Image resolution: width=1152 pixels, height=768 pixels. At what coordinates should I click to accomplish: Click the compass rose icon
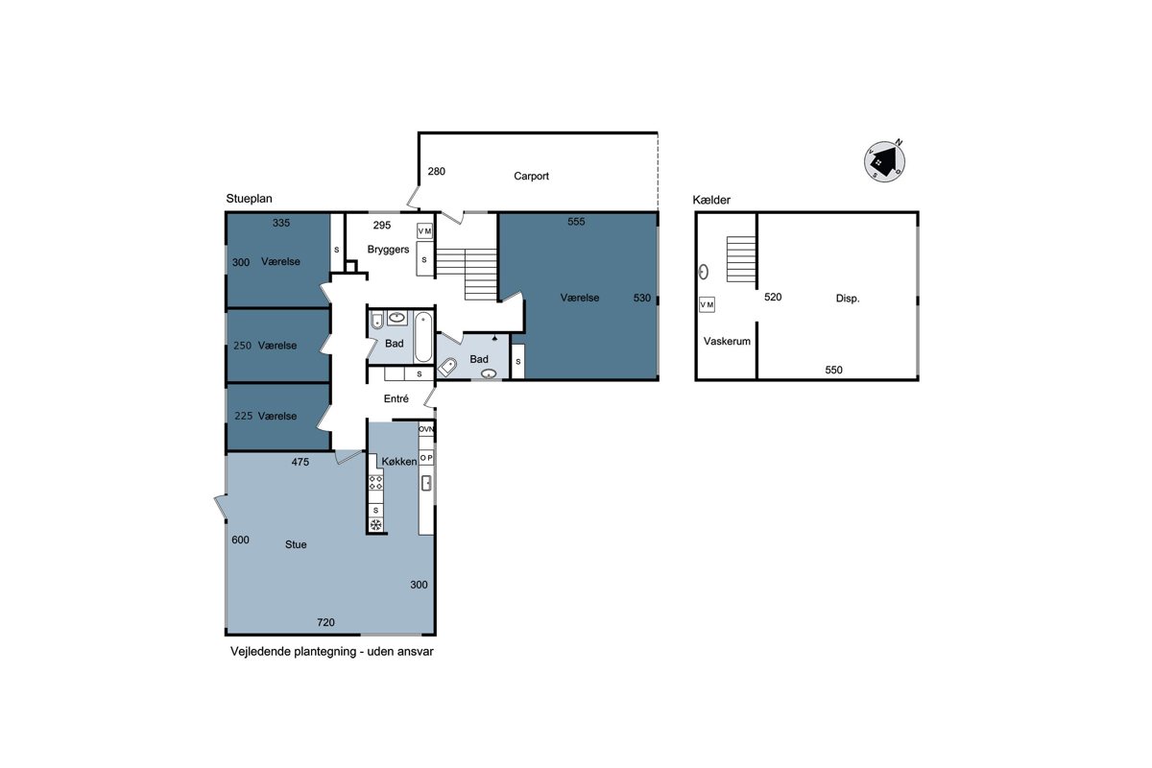coord(884,161)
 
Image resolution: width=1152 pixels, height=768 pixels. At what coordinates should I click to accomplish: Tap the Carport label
coord(531,176)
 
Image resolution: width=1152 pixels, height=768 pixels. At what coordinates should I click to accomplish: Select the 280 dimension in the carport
coord(436,171)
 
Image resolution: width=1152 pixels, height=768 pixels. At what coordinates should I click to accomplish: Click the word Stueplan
coord(249,199)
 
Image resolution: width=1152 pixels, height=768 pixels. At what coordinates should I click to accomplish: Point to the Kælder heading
coord(711,200)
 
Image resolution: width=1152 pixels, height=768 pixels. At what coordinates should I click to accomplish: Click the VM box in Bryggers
coord(424,231)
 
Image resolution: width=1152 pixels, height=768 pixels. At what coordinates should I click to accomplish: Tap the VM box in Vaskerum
coord(707,304)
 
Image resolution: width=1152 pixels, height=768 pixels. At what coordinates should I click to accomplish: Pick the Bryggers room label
coord(388,250)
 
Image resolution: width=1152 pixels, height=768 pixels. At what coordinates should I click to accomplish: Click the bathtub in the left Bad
coord(423,338)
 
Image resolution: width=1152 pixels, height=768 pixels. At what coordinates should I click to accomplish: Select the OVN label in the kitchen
coord(426,429)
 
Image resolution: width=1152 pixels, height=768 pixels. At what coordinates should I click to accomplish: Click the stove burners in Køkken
coord(376,483)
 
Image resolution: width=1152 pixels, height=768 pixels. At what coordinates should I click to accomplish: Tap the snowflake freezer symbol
coord(376,525)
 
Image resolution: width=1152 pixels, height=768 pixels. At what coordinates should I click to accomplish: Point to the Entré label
coord(396,398)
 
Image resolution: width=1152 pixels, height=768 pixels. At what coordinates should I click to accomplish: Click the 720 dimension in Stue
coord(325,622)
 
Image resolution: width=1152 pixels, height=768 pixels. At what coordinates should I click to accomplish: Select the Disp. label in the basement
coord(848,299)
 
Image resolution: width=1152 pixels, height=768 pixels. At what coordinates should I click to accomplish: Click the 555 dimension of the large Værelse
coord(576,222)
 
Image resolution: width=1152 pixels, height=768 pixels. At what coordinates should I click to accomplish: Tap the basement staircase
coord(741,259)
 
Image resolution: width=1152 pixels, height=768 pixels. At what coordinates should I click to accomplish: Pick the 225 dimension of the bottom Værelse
coord(243,416)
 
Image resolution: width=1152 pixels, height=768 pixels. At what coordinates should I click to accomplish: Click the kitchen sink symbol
coord(426,483)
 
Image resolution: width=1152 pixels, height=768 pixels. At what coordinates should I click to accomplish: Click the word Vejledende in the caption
coord(261,652)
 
